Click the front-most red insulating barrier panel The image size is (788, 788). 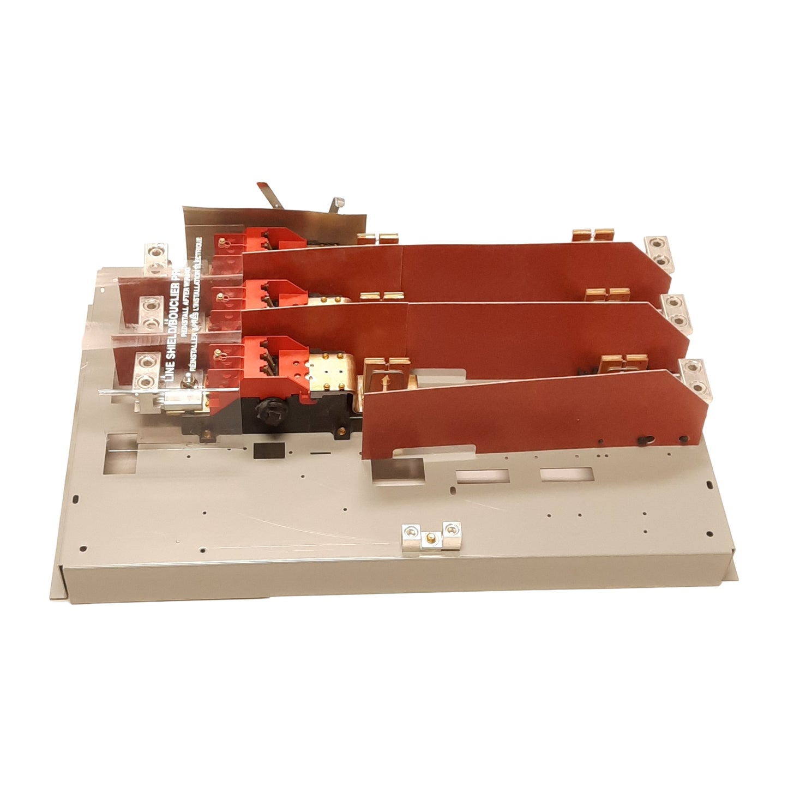coord(518,414)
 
